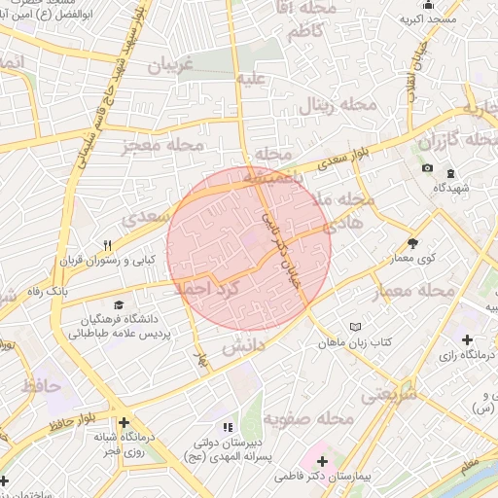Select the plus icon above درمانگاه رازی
click(468, 339)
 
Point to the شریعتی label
click(388, 394)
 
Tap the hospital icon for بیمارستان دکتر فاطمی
click(323, 459)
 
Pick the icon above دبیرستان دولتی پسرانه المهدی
click(228, 426)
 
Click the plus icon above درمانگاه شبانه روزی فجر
click(124, 423)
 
